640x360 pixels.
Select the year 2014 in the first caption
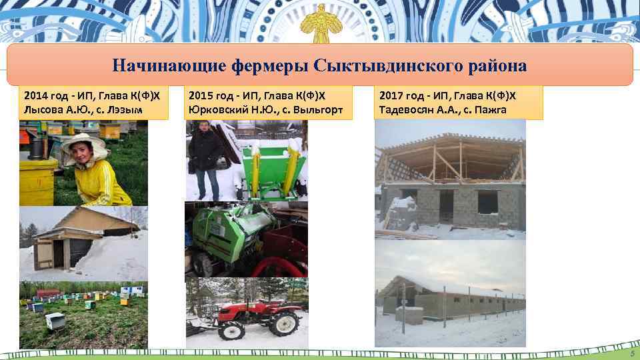(x=35, y=94)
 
